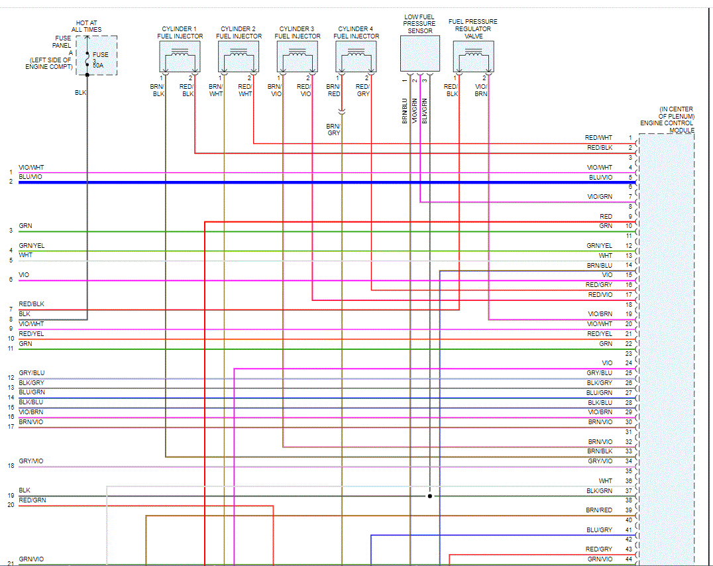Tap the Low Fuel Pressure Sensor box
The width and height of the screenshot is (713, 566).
[x=419, y=54]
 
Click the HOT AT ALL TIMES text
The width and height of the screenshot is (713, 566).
[x=87, y=26]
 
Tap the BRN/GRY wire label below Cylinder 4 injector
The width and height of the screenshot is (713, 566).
[x=333, y=129]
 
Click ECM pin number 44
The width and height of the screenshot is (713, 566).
[x=629, y=559]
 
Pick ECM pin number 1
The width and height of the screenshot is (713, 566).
[x=630, y=137]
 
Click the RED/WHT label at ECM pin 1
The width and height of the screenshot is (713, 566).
[x=598, y=137]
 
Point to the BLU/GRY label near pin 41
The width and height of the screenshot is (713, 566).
[x=599, y=530]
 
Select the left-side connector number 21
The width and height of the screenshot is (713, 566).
[x=11, y=563]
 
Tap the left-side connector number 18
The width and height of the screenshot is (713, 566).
[x=11, y=466]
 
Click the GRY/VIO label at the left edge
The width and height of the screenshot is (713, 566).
[x=32, y=461]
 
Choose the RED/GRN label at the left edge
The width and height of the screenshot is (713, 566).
[x=32, y=500]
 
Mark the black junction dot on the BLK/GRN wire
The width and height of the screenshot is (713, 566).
[x=429, y=496]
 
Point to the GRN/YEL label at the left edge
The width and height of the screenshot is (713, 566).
[x=32, y=246]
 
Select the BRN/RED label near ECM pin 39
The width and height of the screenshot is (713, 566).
[x=599, y=510]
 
